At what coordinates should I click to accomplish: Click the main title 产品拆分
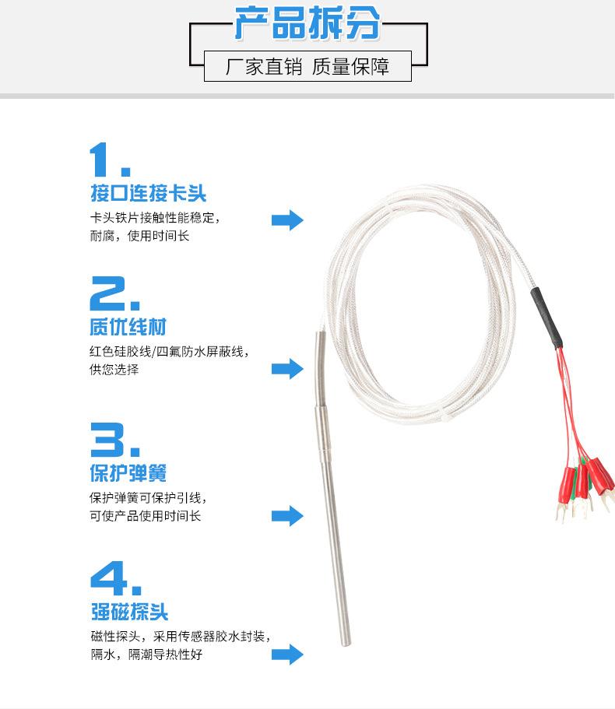tap(307, 23)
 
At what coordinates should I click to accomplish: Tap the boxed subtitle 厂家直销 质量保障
tap(307, 66)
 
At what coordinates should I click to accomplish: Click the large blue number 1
tap(110, 160)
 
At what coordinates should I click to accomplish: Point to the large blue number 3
tap(115, 440)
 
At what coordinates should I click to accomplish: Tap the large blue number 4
tap(116, 578)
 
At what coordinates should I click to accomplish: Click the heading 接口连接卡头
tap(149, 193)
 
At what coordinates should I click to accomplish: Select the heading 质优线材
tap(128, 327)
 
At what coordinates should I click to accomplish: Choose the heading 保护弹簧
tap(128, 473)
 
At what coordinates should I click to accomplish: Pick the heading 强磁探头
tap(129, 612)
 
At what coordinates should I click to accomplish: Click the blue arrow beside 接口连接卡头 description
tap(287, 220)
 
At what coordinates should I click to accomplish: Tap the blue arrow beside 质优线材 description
tap(287, 369)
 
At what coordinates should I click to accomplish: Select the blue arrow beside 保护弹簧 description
tap(287, 516)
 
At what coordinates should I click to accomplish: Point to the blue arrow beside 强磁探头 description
tap(287, 655)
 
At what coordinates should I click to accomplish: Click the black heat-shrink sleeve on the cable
tap(546, 318)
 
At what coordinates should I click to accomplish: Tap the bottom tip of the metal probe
tap(346, 644)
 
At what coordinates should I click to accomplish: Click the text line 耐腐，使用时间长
tap(139, 236)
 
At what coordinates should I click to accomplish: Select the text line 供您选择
tap(114, 370)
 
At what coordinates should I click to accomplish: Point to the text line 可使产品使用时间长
tap(145, 516)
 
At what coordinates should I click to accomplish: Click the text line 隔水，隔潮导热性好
tap(146, 655)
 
